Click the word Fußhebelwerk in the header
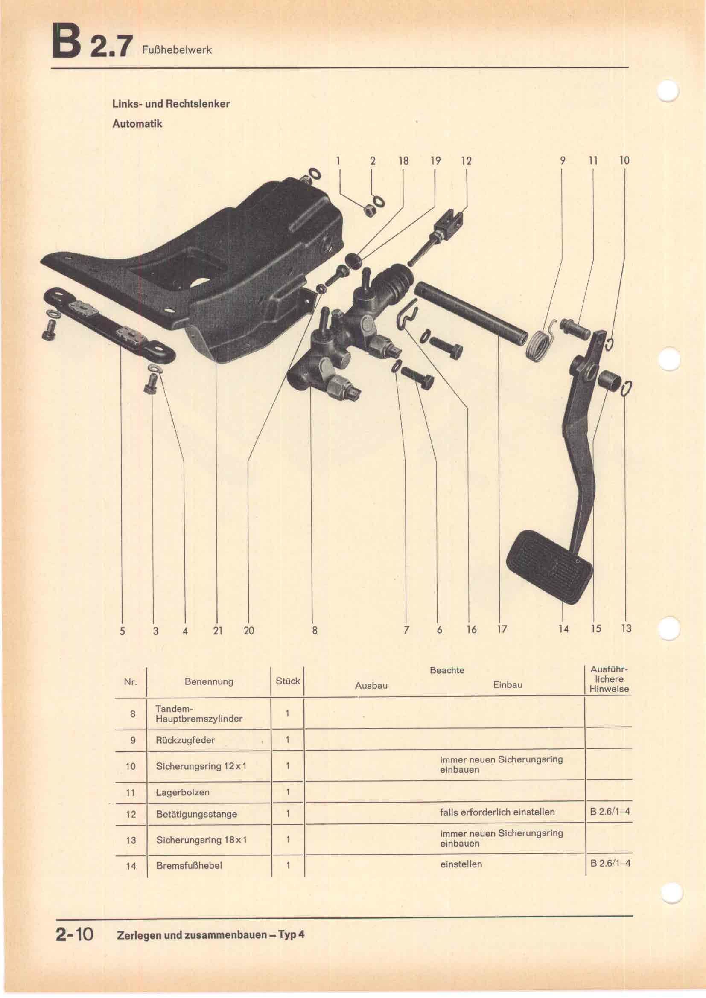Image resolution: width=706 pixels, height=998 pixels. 177,50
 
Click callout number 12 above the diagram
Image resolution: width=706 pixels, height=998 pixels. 466,161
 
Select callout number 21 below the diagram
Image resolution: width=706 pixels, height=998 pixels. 218,630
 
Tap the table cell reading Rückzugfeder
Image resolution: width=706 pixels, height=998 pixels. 185,740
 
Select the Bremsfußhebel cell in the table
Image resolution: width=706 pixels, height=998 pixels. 189,865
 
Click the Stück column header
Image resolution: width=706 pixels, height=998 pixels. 287,681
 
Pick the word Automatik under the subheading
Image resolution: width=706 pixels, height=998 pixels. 137,123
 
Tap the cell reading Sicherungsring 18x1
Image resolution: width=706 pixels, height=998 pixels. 201,840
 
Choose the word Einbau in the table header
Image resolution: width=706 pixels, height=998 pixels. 508,684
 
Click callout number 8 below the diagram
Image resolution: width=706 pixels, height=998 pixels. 314,630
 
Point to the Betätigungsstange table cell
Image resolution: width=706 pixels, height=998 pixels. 196,814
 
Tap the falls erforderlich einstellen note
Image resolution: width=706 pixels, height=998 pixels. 497,812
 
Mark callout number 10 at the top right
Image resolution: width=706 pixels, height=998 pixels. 624,160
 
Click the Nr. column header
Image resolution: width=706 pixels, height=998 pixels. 131,681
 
